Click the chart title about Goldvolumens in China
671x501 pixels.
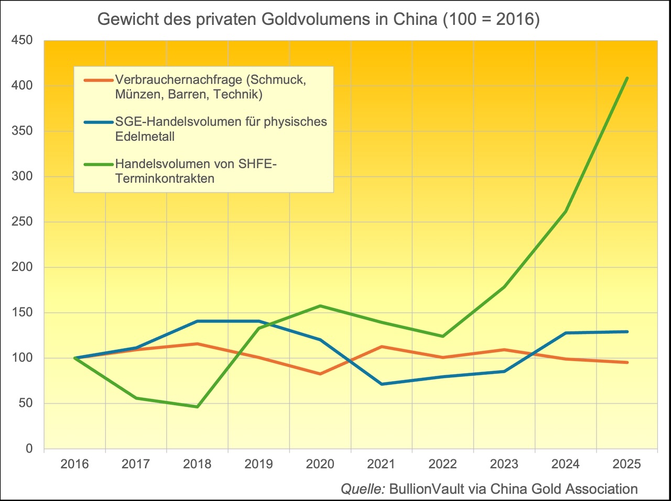(318, 19)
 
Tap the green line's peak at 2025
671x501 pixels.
(627, 79)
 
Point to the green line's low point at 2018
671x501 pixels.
(197, 407)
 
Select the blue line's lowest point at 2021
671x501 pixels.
(382, 384)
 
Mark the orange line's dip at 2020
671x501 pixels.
(320, 374)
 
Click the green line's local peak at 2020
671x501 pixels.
(320, 306)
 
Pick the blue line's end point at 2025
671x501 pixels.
(627, 332)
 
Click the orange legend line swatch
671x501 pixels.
(98, 80)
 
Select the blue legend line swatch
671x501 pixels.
(98, 122)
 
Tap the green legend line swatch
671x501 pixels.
(98, 164)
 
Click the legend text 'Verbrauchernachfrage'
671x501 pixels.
(179, 80)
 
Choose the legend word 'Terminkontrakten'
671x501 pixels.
(165, 178)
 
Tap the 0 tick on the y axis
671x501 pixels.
(29, 449)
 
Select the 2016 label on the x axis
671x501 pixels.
(74, 464)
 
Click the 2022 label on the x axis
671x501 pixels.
(443, 464)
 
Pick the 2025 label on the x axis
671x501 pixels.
(627, 464)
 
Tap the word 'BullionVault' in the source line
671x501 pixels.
(427, 489)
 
